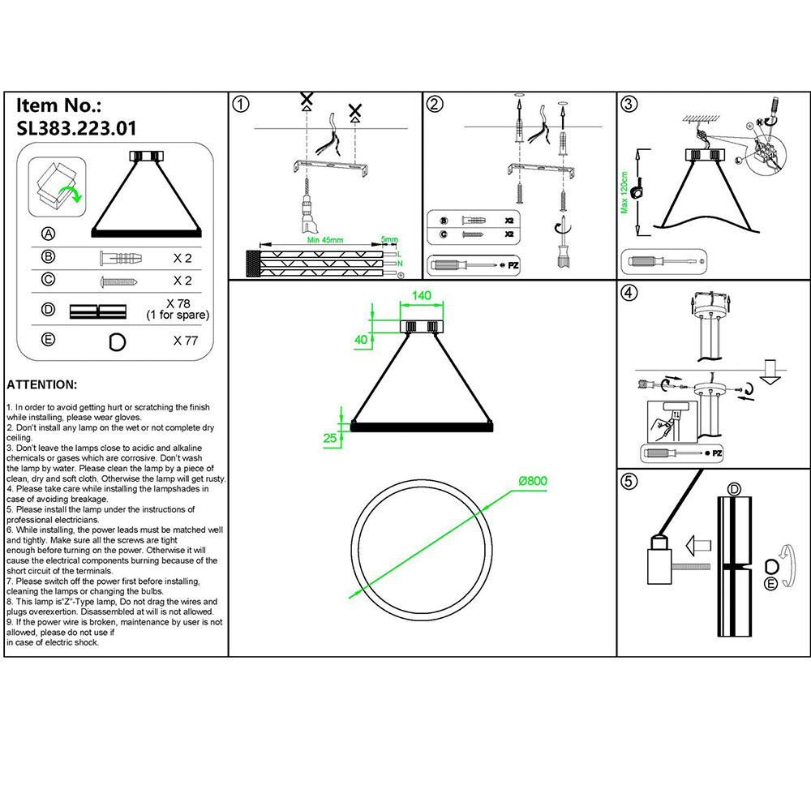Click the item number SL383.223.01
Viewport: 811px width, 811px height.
point(77,127)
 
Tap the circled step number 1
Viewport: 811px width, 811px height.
point(241,104)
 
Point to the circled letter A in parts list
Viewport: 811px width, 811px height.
point(48,234)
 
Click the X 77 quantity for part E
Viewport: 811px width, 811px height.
point(186,341)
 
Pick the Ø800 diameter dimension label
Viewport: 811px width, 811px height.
point(533,480)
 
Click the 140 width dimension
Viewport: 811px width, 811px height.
point(421,296)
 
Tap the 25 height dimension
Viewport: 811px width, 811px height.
point(330,439)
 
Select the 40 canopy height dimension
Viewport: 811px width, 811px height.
point(361,340)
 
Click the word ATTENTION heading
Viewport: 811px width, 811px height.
point(42,384)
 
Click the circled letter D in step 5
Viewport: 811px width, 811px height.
point(734,488)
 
